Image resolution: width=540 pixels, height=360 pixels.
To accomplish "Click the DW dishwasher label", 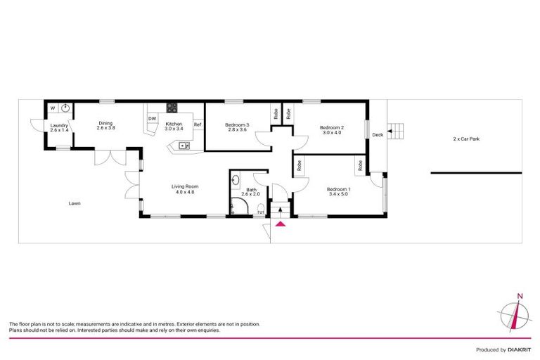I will click(x=152, y=118).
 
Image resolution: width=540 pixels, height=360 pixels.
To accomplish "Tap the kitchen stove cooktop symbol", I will click(x=171, y=108).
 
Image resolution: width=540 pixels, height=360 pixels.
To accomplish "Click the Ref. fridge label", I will click(x=198, y=125).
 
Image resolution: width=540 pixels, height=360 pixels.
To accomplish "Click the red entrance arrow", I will click(x=281, y=224).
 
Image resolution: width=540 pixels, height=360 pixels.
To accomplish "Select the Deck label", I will click(x=378, y=134).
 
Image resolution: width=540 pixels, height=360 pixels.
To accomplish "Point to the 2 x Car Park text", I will click(x=466, y=139).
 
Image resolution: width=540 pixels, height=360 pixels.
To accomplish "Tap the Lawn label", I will click(x=75, y=203).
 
